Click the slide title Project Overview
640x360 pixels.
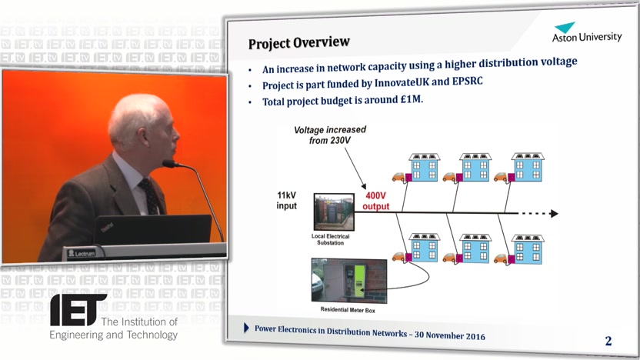pyautogui.click(x=298, y=43)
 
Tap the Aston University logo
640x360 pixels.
pyautogui.click(x=586, y=32)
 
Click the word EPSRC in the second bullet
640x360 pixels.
pyautogui.click(x=467, y=82)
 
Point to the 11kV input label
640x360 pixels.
pyautogui.click(x=286, y=201)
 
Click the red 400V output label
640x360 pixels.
pyautogui.click(x=375, y=202)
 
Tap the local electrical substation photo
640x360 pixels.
pyautogui.click(x=334, y=212)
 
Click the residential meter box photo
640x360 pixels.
pyautogui.click(x=349, y=281)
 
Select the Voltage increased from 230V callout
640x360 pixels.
pyautogui.click(x=330, y=135)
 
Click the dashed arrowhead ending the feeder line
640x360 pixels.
pyautogui.click(x=554, y=213)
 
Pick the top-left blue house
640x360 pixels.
pyautogui.click(x=425, y=168)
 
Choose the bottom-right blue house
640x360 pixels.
pyautogui.click(x=528, y=248)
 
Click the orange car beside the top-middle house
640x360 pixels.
pyautogui.click(x=449, y=177)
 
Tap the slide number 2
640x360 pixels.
pyautogui.click(x=608, y=341)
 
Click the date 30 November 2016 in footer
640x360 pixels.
pyautogui.click(x=450, y=335)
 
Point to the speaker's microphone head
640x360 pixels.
pyautogui.click(x=169, y=164)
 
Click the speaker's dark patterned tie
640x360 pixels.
pyautogui.click(x=149, y=196)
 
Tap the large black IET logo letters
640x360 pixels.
pyautogui.click(x=77, y=310)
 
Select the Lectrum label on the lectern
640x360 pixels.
pyautogui.click(x=82, y=254)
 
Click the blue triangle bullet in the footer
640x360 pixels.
pyautogui.click(x=246, y=328)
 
